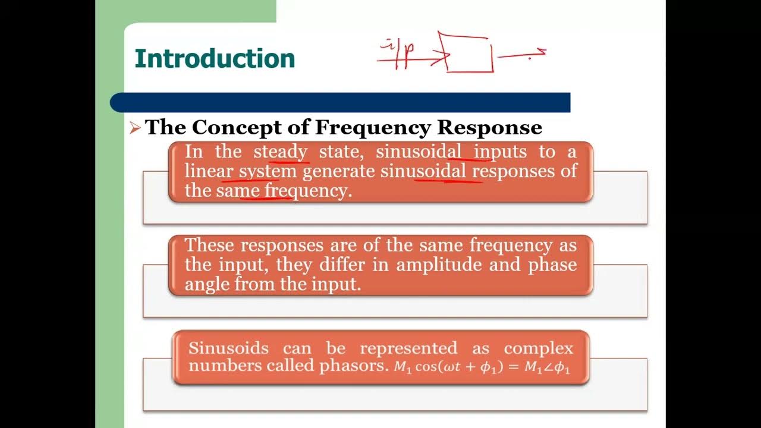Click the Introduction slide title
tap(215, 59)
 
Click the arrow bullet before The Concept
tap(135, 127)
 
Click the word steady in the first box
tap(281, 152)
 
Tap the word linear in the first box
tap(208, 171)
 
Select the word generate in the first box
tap(339, 171)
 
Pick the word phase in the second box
tap(552, 265)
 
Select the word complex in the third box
tap(539, 348)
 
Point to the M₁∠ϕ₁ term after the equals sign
tap(547, 367)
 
